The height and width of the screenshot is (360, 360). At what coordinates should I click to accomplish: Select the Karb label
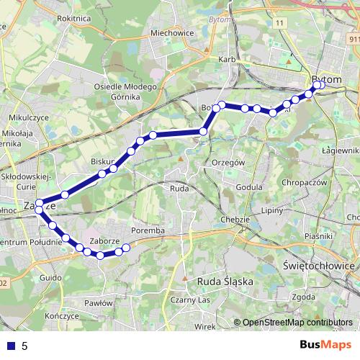(x=227, y=59)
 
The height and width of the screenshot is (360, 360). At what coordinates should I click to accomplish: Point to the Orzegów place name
(x=229, y=163)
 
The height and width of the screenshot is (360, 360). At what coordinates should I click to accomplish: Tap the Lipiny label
(x=272, y=210)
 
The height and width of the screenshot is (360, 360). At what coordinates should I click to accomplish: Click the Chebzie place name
(x=235, y=219)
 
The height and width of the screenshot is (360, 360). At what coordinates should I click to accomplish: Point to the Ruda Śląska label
(x=225, y=282)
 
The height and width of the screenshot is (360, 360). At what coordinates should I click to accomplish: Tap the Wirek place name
(x=204, y=326)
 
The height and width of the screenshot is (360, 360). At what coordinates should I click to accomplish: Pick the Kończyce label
(x=60, y=316)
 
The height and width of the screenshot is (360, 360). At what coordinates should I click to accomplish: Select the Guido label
(x=50, y=277)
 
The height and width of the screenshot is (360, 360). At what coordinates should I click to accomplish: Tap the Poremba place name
(x=150, y=230)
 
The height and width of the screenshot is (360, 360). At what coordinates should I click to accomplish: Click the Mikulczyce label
(x=29, y=116)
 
